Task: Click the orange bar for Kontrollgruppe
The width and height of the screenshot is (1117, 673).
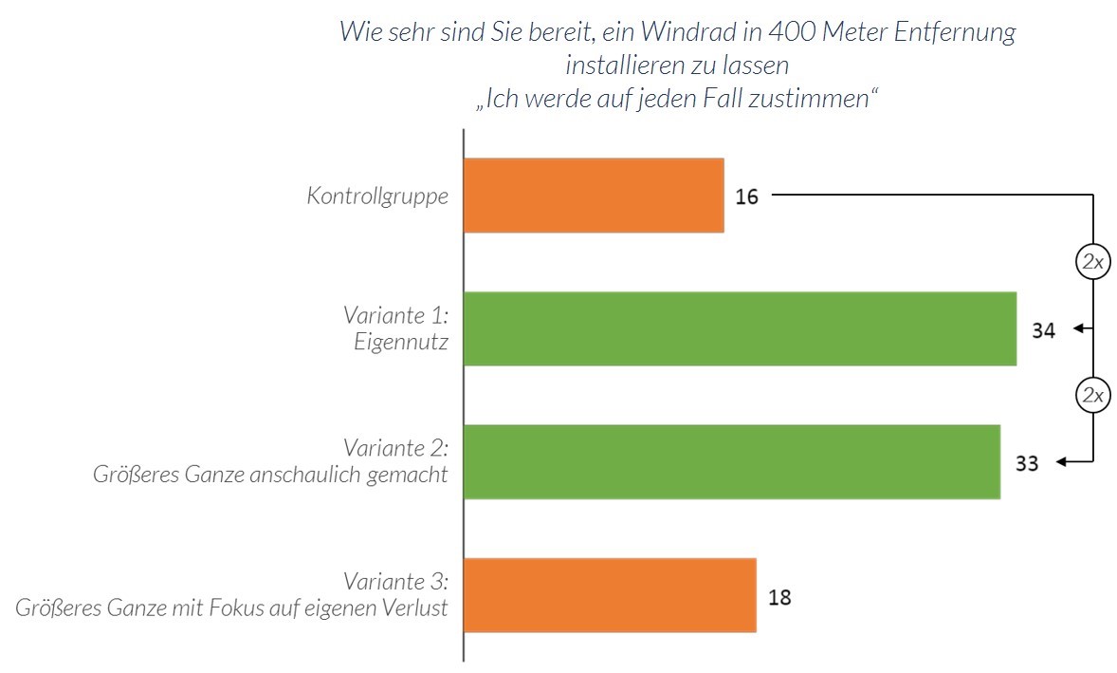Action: click(594, 195)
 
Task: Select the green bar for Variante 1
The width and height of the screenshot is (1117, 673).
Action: click(740, 328)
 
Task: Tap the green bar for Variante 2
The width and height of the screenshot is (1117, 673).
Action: click(731, 461)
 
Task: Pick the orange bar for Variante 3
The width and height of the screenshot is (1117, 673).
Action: click(610, 595)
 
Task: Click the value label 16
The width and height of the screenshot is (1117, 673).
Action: click(746, 197)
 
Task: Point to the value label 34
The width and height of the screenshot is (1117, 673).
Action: click(1043, 330)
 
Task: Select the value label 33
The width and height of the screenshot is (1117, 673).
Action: click(1027, 464)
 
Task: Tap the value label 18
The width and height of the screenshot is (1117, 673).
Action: click(778, 598)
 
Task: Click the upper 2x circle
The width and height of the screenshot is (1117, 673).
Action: click(1093, 262)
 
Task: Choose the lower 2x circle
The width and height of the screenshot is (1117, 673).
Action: click(1093, 395)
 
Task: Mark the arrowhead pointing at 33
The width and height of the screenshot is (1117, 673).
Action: click(1062, 462)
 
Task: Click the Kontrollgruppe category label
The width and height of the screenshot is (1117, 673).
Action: click(377, 196)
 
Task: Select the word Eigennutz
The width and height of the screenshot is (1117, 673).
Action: click(400, 342)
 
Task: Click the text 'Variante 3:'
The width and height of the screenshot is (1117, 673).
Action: click(395, 581)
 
